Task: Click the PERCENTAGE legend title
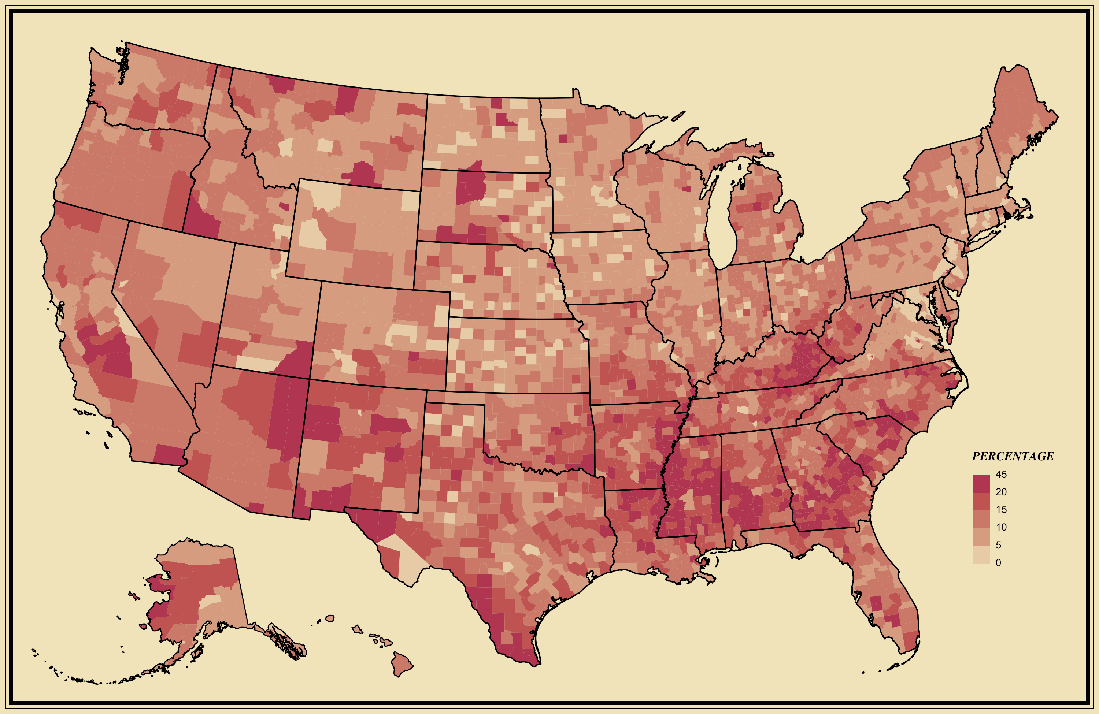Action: click(x=1013, y=457)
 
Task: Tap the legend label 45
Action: click(x=1001, y=475)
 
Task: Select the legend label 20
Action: click(x=1001, y=492)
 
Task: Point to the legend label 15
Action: click(x=1001, y=510)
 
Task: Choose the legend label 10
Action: click(x=1001, y=527)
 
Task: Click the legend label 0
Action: click(x=998, y=563)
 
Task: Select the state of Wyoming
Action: click(x=353, y=231)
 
